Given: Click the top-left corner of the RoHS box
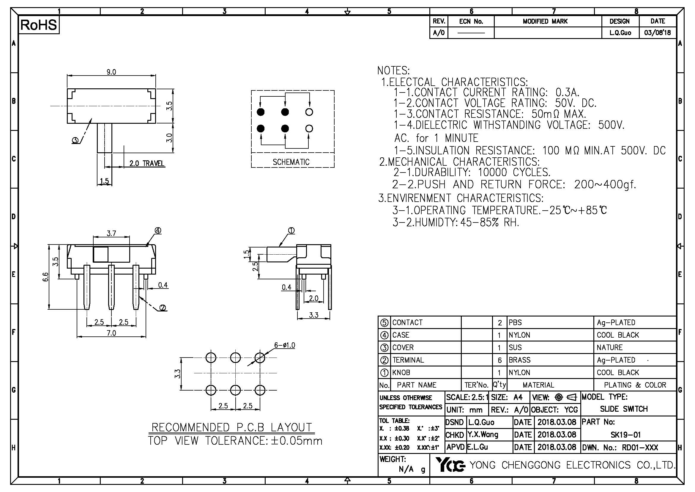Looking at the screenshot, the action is tap(19, 17).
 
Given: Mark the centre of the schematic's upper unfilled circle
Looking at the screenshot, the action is tap(309, 112).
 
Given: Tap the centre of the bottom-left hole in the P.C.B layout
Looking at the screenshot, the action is tap(211, 390).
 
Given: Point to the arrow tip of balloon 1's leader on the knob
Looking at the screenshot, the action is tap(279, 246).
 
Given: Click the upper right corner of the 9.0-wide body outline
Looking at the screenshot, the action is tap(156, 89).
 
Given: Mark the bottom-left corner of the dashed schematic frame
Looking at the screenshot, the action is tap(251, 167).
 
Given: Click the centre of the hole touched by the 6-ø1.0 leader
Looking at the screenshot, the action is tap(260, 358).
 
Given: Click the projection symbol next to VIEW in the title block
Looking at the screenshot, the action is tap(565, 397).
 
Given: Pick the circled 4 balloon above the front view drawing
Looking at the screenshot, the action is tap(158, 231).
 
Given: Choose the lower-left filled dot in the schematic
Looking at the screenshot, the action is tap(260, 129).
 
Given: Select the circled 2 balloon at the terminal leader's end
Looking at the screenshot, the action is tap(163, 308).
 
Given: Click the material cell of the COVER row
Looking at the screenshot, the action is tap(515, 347).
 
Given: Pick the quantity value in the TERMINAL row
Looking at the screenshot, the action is tap(500, 360).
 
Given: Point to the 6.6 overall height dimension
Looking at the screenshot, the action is tap(45, 277).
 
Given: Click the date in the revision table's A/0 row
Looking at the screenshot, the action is tap(658, 33).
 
